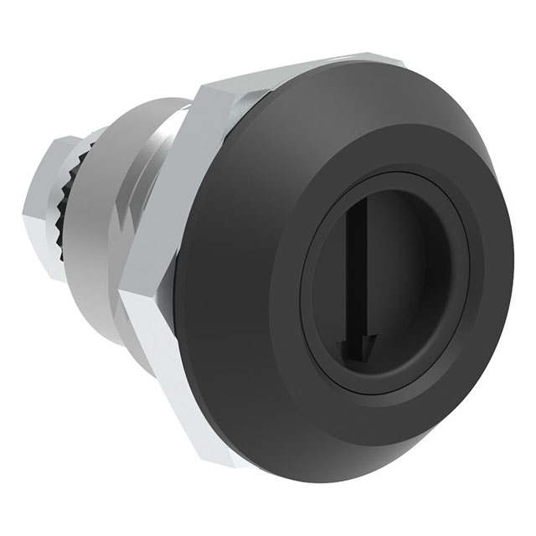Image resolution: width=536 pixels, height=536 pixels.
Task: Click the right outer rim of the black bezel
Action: click(x=508, y=276)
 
